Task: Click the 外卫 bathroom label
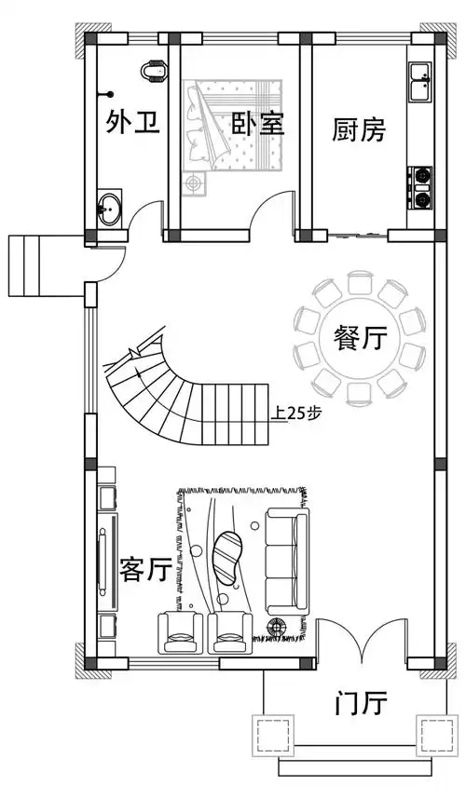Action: tap(126, 122)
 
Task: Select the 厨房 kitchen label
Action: tap(359, 129)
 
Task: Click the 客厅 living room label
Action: tap(145, 569)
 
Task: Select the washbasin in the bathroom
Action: tap(110, 207)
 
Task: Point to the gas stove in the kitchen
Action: tap(421, 185)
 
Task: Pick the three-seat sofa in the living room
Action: tap(286, 558)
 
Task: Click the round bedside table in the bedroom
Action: tap(194, 183)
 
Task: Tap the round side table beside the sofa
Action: tap(277, 627)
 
